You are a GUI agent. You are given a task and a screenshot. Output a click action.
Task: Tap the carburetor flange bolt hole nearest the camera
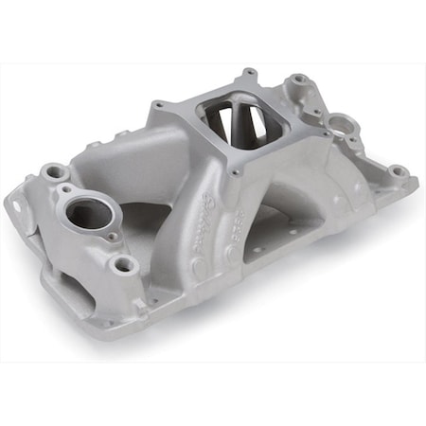tap(229, 174)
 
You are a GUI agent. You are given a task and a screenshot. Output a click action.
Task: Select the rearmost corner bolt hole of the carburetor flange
tap(248, 73)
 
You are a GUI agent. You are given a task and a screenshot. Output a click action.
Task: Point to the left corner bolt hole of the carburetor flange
tap(157, 106)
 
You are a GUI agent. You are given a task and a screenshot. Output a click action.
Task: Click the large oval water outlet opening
tap(89, 213)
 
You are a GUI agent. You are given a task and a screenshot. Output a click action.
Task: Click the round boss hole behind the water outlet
tap(56, 172)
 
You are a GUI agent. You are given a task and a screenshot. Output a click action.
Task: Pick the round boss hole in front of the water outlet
tap(123, 265)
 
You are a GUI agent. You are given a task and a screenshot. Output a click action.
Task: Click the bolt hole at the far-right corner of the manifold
tap(399, 171)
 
